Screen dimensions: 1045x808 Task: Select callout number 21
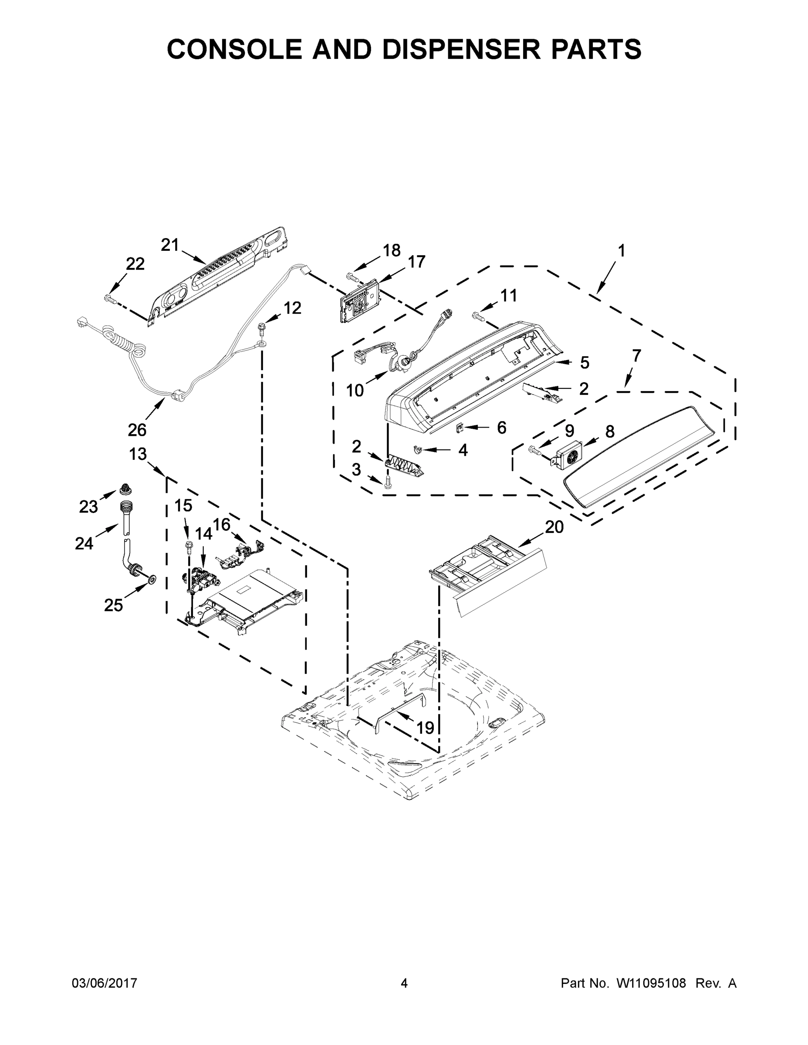(x=169, y=245)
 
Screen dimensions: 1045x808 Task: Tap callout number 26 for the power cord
(x=137, y=430)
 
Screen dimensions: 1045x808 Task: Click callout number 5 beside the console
(x=585, y=363)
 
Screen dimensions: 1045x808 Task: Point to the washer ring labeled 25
(x=151, y=580)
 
